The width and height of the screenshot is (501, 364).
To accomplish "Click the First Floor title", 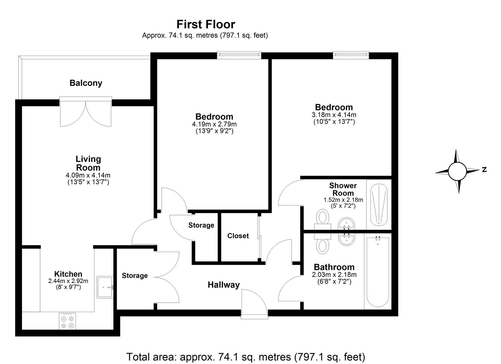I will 206,24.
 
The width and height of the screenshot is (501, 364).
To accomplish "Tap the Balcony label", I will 86,83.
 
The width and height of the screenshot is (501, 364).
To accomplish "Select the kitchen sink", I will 105,287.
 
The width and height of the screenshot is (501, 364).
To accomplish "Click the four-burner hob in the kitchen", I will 67,322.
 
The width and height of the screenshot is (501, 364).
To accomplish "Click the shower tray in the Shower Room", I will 379,205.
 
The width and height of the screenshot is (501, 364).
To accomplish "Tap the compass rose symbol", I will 457,171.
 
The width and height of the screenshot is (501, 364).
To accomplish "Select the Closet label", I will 238,236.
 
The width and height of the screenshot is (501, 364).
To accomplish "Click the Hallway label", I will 223,285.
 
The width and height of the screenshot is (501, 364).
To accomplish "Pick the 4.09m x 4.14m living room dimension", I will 88,175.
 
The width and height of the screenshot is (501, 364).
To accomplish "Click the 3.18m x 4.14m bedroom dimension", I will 334,115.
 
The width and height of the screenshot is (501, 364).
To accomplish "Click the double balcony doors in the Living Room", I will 86,113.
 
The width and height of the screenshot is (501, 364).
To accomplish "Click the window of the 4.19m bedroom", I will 239,55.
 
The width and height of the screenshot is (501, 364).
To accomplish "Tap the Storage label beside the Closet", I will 201,225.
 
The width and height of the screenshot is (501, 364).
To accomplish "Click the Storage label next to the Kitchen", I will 135,276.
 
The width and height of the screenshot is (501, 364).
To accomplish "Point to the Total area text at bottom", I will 246,357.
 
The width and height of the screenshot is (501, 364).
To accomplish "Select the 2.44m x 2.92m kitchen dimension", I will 68,281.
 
